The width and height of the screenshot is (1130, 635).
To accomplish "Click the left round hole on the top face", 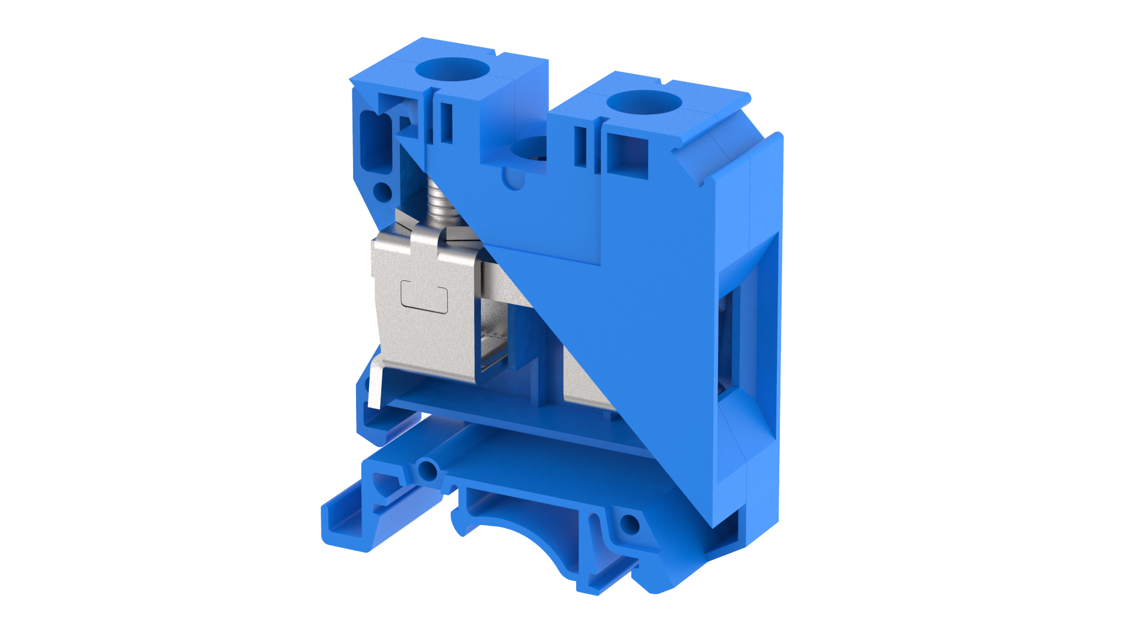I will coord(452,69).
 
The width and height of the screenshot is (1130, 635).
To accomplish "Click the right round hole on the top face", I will coord(644,103).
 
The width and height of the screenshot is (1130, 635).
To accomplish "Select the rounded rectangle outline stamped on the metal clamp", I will coord(424,296).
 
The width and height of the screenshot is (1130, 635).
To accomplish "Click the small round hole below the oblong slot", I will coord(383,191).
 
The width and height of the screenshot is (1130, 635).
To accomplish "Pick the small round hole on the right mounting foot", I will coord(629,524).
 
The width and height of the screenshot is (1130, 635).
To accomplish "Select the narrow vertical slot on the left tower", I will coord(446,123).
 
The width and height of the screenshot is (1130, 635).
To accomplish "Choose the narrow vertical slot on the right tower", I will coord(580,146).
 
